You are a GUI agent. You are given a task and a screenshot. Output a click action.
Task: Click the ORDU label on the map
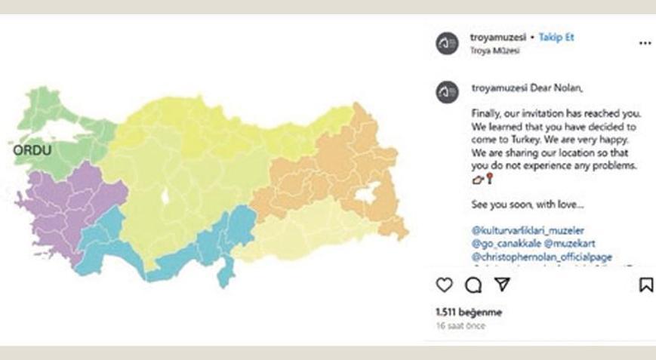pyautogui.click(x=32, y=150)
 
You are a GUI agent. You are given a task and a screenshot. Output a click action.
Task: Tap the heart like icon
pyautogui.click(x=445, y=285)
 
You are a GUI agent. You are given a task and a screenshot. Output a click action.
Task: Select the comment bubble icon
pyautogui.click(x=473, y=285)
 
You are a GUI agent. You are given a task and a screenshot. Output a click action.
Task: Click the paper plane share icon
pyautogui.click(x=502, y=285)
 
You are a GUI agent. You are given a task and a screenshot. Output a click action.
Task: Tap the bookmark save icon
pyautogui.click(x=645, y=285)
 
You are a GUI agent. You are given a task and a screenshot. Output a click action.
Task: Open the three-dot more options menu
pyautogui.click(x=645, y=44)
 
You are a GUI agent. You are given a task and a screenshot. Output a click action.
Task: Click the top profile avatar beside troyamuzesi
pyautogui.click(x=447, y=44)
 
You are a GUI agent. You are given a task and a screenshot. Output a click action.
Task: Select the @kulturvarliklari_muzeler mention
pyautogui.click(x=528, y=229)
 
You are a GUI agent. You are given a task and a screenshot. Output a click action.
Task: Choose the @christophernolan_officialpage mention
pyautogui.click(x=541, y=257)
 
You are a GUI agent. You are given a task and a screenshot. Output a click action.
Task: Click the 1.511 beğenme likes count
pyautogui.click(x=469, y=312)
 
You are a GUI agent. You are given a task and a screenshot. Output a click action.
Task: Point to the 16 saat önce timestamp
pyautogui.click(x=460, y=326)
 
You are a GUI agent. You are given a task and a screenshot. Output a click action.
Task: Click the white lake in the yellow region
pyautogui.click(x=165, y=198)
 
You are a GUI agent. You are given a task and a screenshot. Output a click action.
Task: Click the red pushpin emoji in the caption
pyautogui.click(x=489, y=178)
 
